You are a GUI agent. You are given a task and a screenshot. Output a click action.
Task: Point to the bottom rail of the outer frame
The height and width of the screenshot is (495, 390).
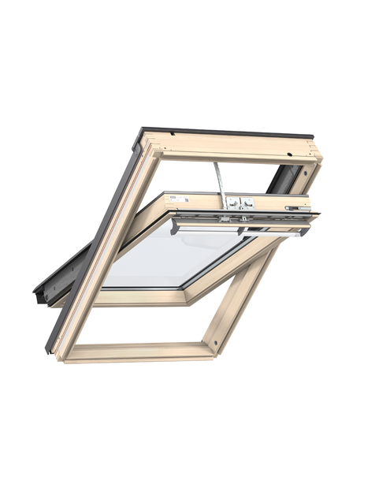[138, 352]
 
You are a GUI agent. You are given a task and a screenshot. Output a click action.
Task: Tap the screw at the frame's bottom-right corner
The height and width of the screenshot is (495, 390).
[211, 345]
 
